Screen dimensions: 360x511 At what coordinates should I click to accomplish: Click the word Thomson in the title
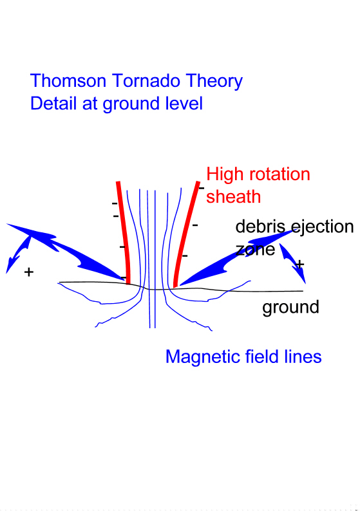pos(68,80)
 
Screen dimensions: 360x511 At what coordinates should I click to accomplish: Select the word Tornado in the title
pos(146,80)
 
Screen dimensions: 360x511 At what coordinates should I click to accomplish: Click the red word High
pos(225,175)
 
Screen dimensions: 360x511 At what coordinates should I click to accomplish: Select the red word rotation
pos(279,174)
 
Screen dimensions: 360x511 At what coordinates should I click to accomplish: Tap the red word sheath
pos(234,197)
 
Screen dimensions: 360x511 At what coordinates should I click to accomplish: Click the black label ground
pos(290,308)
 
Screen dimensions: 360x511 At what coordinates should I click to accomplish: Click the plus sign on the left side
pos(29,272)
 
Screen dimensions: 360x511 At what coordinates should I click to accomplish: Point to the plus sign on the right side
pos(299,264)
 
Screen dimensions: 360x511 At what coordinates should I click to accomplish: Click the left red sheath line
pos(124,233)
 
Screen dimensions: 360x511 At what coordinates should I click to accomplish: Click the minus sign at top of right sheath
pos(202,188)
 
